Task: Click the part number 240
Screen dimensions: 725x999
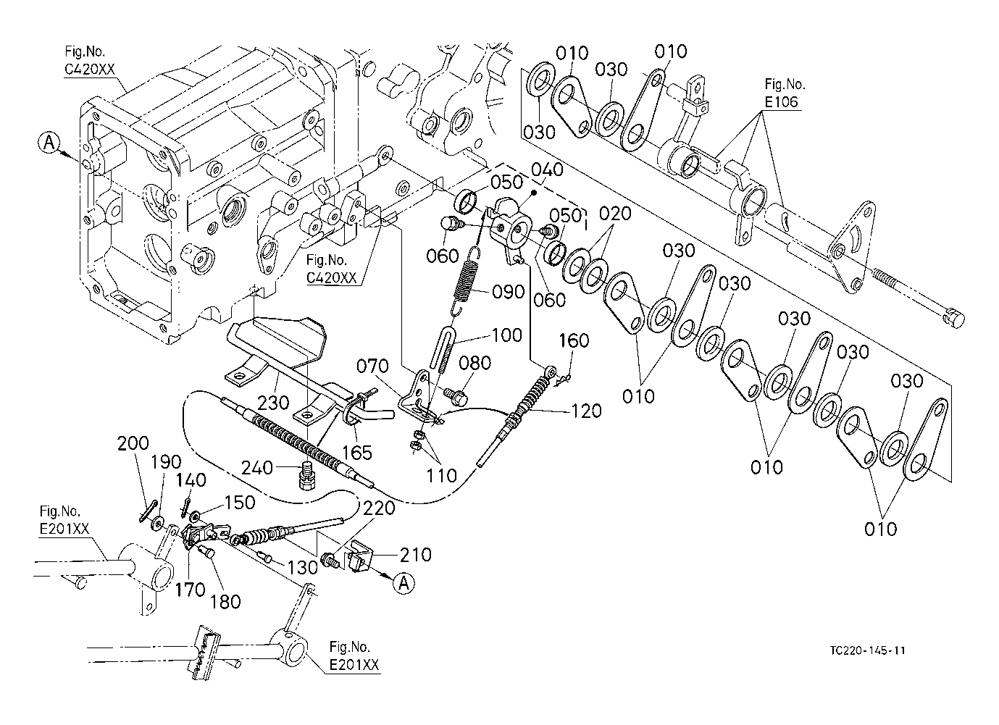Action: (257, 467)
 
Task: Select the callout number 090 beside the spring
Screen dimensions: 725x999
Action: (508, 292)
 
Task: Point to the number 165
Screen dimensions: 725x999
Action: (357, 452)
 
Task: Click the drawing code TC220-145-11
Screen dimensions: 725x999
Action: (868, 650)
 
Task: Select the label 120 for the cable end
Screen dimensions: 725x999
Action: (585, 411)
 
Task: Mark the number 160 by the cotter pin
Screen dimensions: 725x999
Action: (574, 340)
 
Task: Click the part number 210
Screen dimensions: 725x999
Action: (415, 555)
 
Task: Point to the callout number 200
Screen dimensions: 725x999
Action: (134, 443)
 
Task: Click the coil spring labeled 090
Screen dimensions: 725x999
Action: (467, 279)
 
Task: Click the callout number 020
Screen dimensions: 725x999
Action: (616, 214)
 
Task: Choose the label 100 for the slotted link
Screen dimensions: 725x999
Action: (506, 335)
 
